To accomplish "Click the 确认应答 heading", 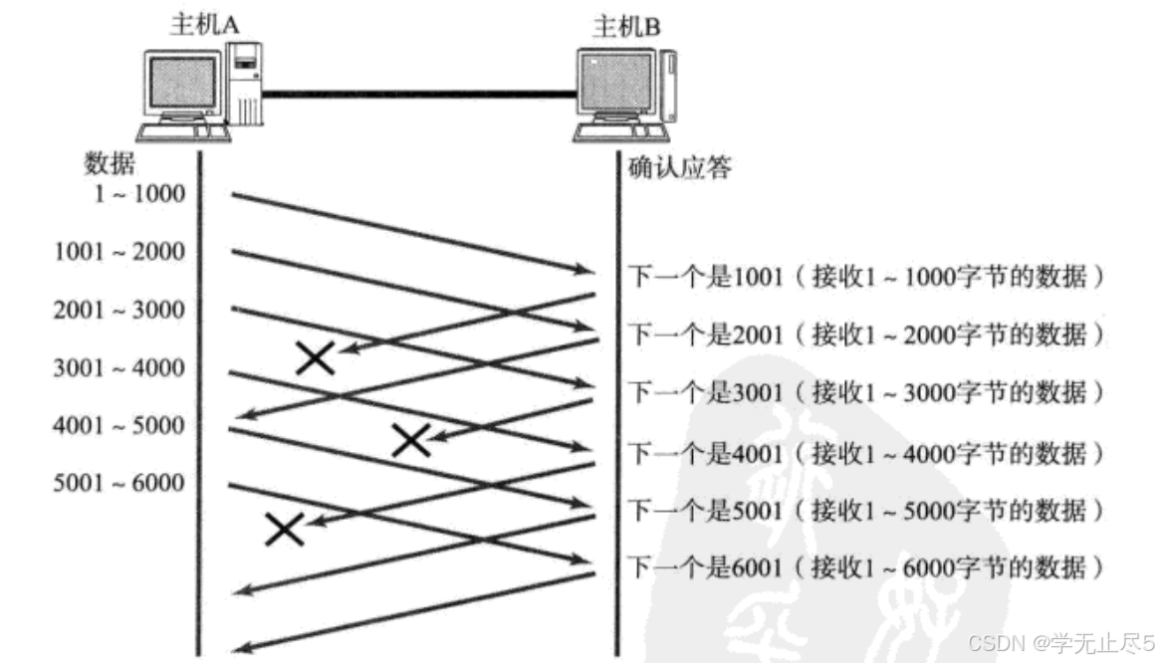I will tap(681, 166).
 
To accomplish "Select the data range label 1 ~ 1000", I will tap(140, 194).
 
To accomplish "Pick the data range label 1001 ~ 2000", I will tap(119, 252).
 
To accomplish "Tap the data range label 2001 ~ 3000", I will tap(119, 310).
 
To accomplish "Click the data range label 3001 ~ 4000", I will tap(119, 367).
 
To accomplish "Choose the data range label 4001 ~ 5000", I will tap(119, 425).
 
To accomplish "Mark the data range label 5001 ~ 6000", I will tap(119, 483).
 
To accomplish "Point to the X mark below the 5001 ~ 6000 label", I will tap(285, 529).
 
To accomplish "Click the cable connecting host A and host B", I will tap(418, 95).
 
